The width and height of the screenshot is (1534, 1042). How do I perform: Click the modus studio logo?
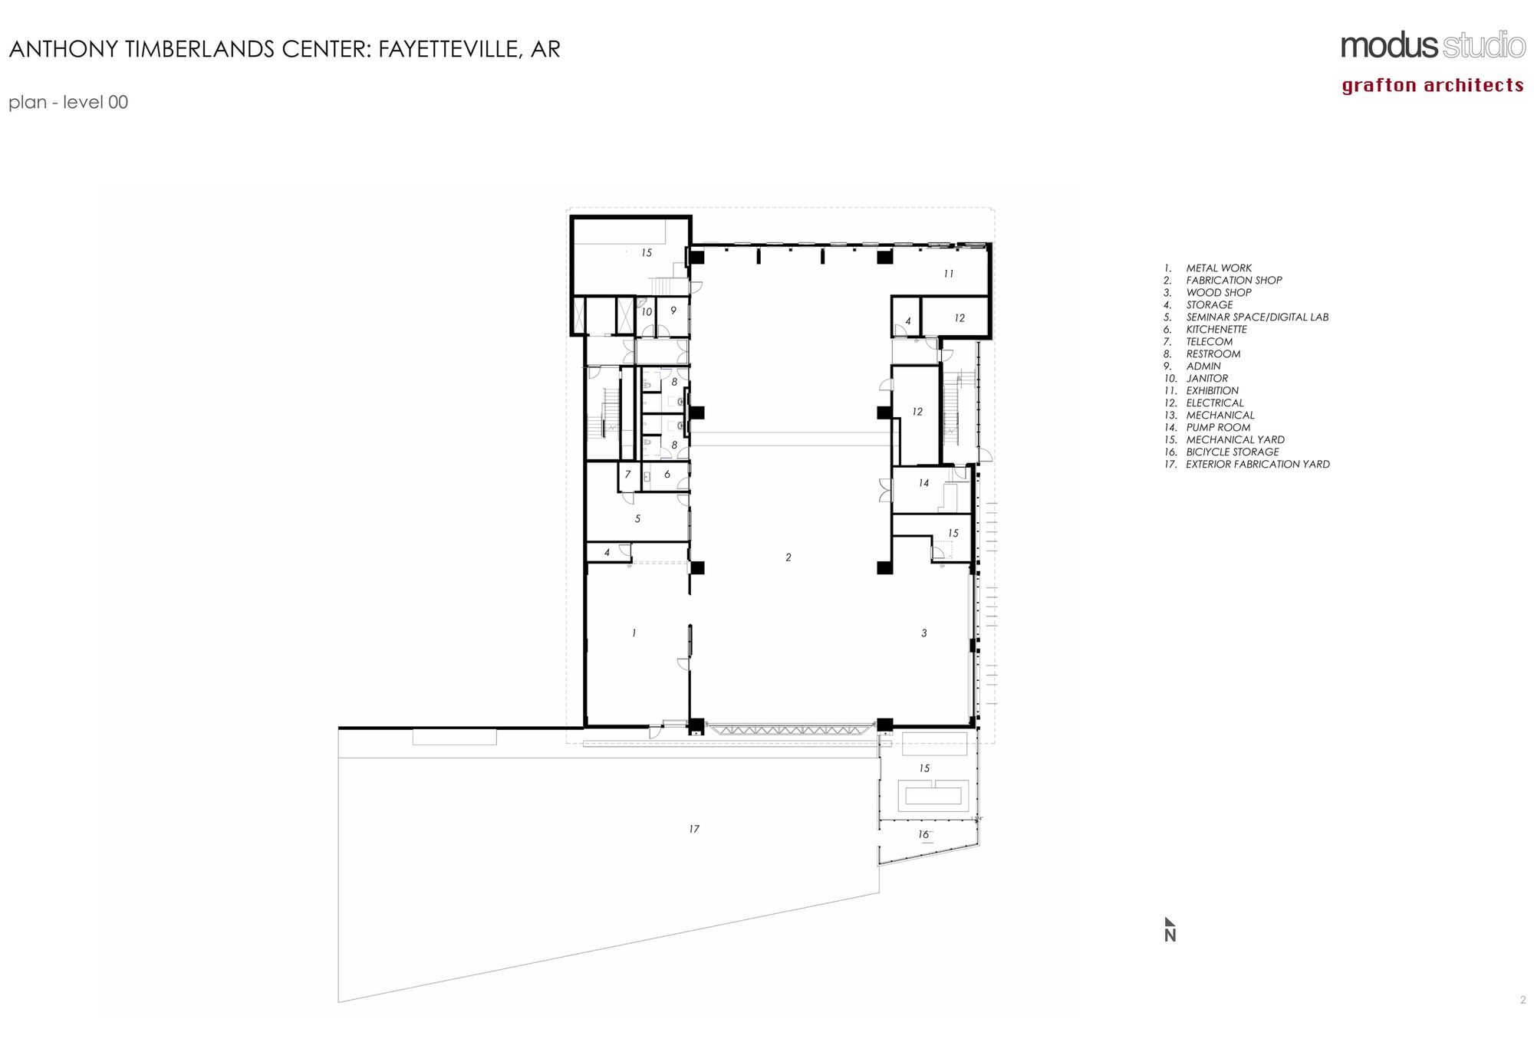coord(1433,46)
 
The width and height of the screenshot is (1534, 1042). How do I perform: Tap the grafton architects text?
coord(1433,85)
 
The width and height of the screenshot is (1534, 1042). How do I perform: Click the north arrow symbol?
coord(1170,929)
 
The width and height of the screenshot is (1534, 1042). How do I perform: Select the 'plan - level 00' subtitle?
coord(68,102)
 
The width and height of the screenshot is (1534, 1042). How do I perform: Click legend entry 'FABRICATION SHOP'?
coord(1233,280)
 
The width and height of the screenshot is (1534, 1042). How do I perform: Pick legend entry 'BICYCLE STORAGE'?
coord(1232,452)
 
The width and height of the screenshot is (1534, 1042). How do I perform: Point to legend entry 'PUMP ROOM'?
coord(1218,427)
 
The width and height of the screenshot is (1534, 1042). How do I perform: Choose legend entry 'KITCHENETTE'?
coord(1216,329)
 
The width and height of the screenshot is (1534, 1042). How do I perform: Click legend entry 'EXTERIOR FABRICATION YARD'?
coord(1258,464)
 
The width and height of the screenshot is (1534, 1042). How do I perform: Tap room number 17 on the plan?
coord(694,829)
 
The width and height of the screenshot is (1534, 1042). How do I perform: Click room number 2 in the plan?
coord(788,557)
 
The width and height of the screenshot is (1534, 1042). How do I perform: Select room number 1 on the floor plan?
coord(634,633)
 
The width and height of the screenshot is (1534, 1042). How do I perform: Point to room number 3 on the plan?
coord(924,633)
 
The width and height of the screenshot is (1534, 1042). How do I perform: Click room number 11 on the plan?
coord(949,274)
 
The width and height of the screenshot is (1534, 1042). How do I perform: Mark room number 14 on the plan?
coord(923,483)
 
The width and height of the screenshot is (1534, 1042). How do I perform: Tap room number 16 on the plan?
coord(923,834)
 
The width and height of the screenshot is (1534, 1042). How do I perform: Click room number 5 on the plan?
coord(637,518)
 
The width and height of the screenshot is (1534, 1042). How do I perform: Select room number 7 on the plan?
coord(627,475)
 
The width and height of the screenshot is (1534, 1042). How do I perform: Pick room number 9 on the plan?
coord(673,311)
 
